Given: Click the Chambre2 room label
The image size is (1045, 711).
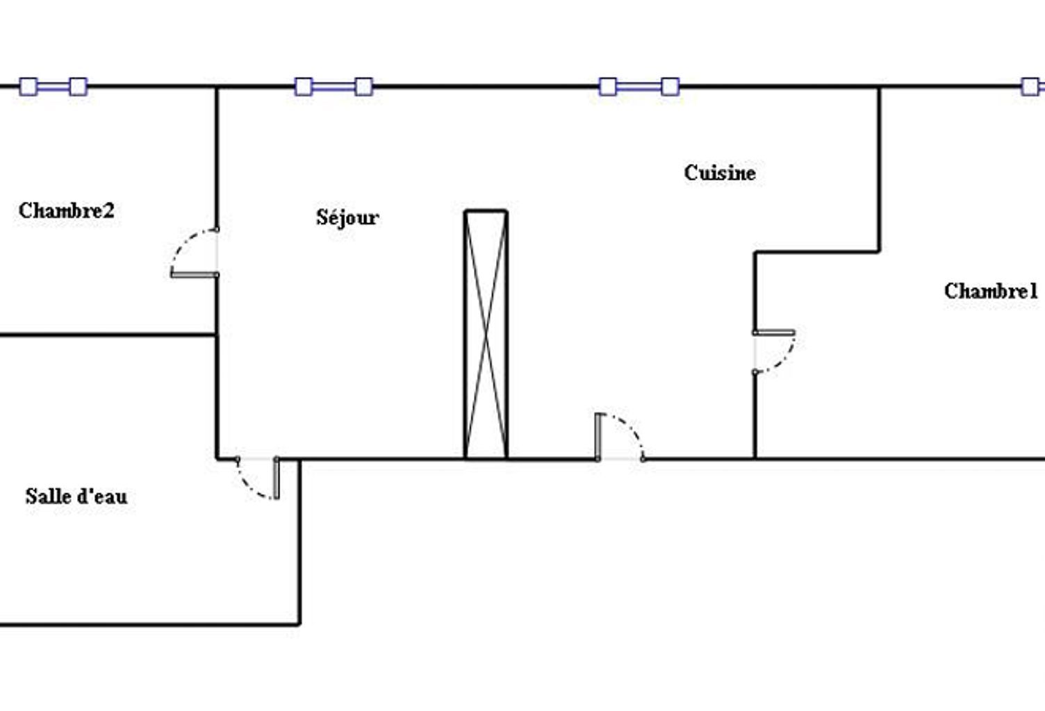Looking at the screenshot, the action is tap(66, 211).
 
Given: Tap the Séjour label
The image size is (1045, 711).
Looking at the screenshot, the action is tap(347, 218).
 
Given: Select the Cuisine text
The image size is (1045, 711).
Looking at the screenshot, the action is tap(720, 173).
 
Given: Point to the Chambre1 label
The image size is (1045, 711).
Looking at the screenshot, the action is tap(991, 292).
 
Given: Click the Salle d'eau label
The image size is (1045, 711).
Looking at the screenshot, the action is tap(76, 496).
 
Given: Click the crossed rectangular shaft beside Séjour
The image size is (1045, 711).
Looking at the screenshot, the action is tap(486, 334).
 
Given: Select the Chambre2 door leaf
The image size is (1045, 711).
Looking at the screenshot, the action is tap(195, 274).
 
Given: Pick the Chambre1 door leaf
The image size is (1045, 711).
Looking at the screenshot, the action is tap(774, 333).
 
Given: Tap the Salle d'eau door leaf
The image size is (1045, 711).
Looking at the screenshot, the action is tap(276, 478).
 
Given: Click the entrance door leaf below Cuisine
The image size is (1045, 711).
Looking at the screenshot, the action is tap(598, 437).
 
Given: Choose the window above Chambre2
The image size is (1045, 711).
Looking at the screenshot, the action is tap(54, 87).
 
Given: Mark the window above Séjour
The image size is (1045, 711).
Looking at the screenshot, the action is tap(334, 87).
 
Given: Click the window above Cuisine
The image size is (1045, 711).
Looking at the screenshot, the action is tap(639, 87).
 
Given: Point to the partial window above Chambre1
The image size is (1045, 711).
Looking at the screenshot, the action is tap(1032, 87).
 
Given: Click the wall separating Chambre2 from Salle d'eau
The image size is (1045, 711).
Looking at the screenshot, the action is tap(108, 335).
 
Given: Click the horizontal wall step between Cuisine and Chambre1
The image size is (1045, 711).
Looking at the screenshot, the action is tap(817, 252).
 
